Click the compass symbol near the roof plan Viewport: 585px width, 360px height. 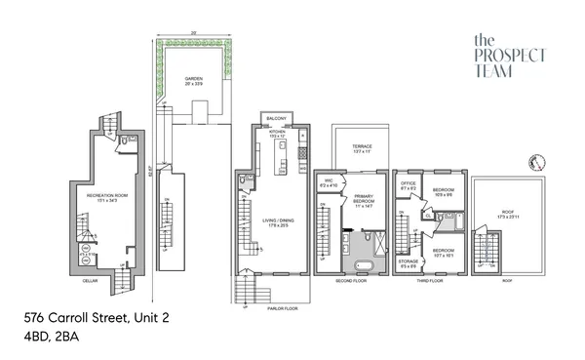click(532, 163)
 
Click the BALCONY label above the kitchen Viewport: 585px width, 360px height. click(275, 120)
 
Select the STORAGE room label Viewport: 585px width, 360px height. click(409, 260)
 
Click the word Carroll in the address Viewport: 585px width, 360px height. click(77, 318)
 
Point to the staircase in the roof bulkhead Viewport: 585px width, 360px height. click(485, 250)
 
